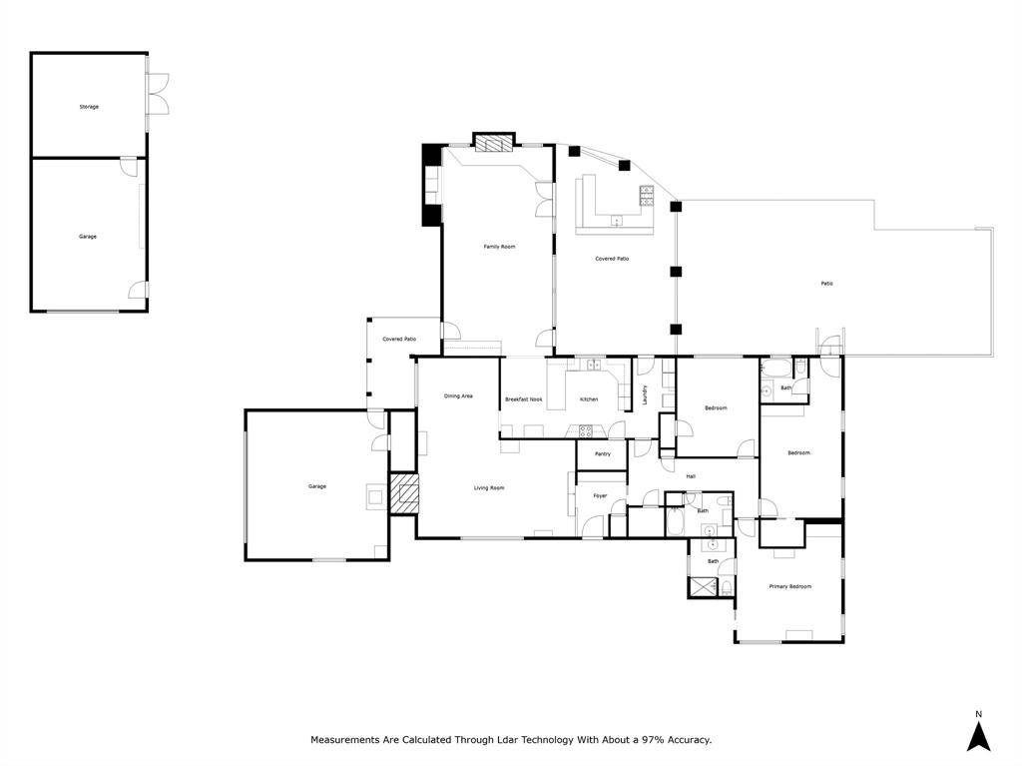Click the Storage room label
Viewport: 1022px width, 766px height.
(x=89, y=106)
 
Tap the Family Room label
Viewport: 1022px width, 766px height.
(x=499, y=246)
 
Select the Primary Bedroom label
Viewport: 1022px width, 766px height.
(x=789, y=586)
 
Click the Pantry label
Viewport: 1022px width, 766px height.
(x=602, y=454)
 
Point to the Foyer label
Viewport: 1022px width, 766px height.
(x=600, y=495)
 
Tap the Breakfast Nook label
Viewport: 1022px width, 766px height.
(x=523, y=399)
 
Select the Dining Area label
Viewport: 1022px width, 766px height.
(x=458, y=396)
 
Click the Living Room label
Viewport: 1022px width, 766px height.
(x=489, y=487)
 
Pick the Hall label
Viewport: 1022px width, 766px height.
(x=690, y=476)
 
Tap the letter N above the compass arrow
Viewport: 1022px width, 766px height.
(x=979, y=714)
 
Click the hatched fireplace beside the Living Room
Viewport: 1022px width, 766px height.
(x=403, y=493)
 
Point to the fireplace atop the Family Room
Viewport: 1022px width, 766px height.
(x=493, y=143)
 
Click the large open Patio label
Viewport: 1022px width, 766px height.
(x=826, y=284)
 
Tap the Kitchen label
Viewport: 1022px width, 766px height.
(x=589, y=399)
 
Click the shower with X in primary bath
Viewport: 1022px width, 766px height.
(x=703, y=587)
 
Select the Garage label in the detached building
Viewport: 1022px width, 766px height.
(x=88, y=237)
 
